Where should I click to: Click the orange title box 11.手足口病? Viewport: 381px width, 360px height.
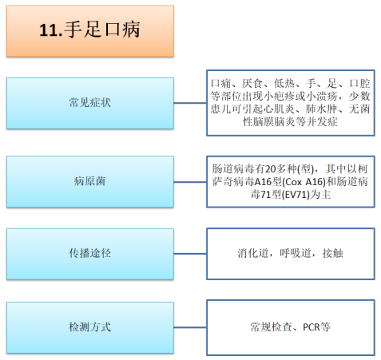pos(90,31)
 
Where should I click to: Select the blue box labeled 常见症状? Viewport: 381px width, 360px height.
pos(90,103)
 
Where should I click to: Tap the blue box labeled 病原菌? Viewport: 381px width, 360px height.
pos(90,182)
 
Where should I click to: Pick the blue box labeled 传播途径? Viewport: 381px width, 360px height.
pos(90,254)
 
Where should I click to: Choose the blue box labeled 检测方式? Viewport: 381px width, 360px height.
pos(90,327)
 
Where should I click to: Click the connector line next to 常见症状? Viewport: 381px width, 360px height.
pos(190,103)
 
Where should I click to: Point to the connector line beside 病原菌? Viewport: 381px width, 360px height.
pos(190,182)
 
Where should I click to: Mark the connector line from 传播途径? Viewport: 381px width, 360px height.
pos(190,254)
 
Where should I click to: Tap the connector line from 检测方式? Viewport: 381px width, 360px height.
pos(190,327)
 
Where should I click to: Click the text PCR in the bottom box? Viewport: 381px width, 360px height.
pos(311,327)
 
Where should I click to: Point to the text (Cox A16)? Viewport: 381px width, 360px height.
pos(304,182)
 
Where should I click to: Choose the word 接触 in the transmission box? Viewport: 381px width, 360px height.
pos(332,253)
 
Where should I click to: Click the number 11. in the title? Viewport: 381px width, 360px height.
pos(51,30)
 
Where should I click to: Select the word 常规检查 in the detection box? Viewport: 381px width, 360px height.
pos(271,327)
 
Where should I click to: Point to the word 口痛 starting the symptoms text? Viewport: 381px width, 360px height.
pos(221,84)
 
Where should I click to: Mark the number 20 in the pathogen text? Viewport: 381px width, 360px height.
pos(271,169)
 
